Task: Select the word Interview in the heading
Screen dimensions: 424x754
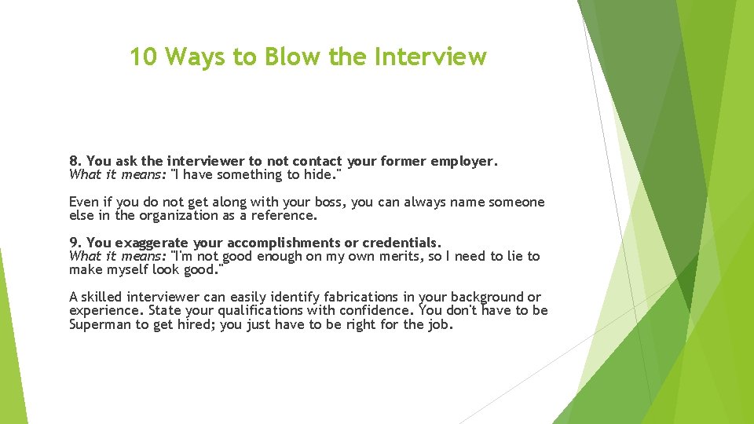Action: click(430, 57)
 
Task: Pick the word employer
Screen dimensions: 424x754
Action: click(461, 162)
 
